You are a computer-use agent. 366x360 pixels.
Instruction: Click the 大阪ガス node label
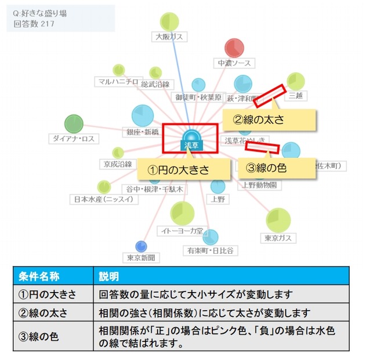click(x=169, y=37)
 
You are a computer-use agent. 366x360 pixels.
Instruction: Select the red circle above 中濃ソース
click(x=234, y=48)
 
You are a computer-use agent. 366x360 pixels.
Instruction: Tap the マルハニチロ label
click(x=117, y=81)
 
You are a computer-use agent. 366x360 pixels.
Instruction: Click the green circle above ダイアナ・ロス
click(x=74, y=124)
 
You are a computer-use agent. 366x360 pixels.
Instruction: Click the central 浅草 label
click(x=190, y=145)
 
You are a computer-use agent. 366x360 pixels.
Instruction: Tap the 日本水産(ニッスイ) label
click(x=104, y=199)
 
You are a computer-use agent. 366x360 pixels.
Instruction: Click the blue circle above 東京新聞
click(x=141, y=246)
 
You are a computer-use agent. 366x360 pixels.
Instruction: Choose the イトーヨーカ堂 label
click(x=182, y=231)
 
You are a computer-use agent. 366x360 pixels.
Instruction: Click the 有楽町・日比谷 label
click(x=210, y=250)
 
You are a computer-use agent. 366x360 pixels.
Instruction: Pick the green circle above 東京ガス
click(x=278, y=220)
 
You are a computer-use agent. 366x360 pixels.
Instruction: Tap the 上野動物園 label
click(x=259, y=185)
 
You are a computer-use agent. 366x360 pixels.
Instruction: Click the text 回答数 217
click(x=34, y=24)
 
